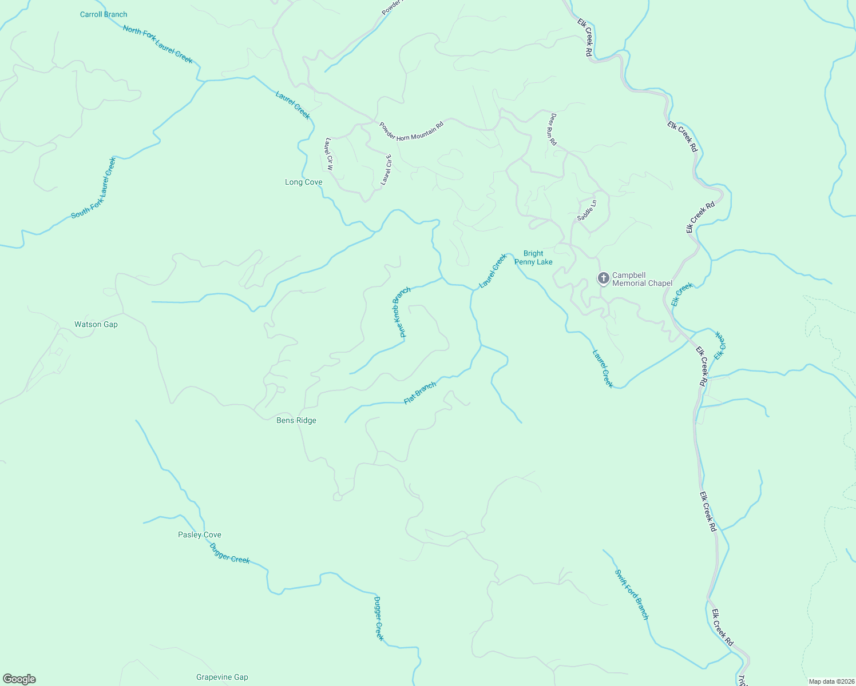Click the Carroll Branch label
click(x=104, y=14)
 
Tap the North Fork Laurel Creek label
click(x=158, y=45)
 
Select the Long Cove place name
click(x=304, y=182)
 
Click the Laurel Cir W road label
click(x=328, y=154)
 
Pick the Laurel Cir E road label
click(x=387, y=170)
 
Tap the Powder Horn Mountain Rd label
click(x=411, y=131)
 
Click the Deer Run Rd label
click(x=553, y=129)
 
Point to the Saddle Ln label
click(x=586, y=210)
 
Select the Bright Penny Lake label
click(x=533, y=258)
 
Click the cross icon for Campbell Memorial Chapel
click(x=603, y=278)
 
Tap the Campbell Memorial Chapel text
click(x=642, y=279)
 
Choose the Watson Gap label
click(x=96, y=324)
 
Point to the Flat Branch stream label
click(x=420, y=393)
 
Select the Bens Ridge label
click(x=296, y=420)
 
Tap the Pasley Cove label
click(x=200, y=535)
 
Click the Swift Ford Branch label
click(x=632, y=594)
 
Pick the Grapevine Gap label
click(x=222, y=677)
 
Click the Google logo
click(x=19, y=679)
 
